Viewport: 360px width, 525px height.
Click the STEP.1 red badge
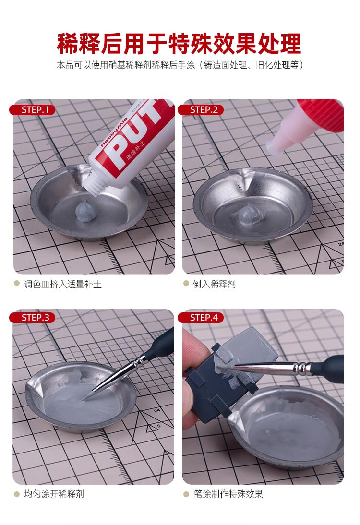[32, 109]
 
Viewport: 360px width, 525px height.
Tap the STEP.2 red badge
[201, 109]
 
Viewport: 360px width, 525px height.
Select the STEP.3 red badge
[32, 317]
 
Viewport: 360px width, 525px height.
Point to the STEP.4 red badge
[201, 317]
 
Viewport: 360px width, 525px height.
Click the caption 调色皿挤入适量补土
[63, 284]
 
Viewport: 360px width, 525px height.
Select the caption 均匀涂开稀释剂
[54, 493]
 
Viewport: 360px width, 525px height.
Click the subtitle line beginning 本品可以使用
[180, 65]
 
